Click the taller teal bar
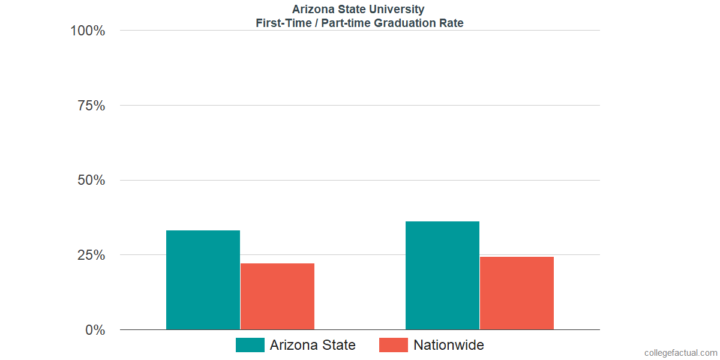click(x=442, y=275)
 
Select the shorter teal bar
click(x=203, y=280)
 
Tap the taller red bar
click(x=517, y=293)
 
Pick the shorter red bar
click(x=277, y=296)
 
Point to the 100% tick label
click(x=88, y=31)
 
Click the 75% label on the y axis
click(x=92, y=106)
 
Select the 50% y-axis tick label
click(x=92, y=181)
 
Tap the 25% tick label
click(x=92, y=255)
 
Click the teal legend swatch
click(x=250, y=345)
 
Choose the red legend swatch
click(x=394, y=345)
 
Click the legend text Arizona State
click(x=313, y=345)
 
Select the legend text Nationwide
click(x=449, y=345)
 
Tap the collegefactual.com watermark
click(x=680, y=353)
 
